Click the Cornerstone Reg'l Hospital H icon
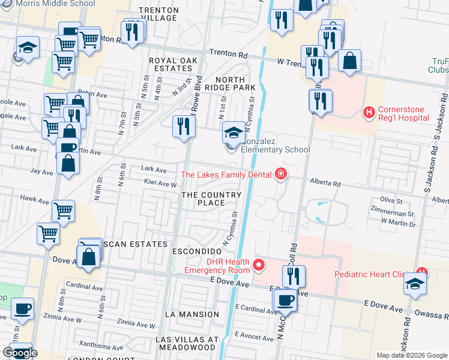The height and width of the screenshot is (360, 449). click(369, 112)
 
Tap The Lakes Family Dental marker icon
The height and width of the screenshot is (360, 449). click(280, 175)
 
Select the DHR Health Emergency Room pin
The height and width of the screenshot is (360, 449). click(259, 264)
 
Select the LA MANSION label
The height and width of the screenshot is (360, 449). click(191, 314)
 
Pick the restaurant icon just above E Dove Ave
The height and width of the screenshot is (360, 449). click(294, 276)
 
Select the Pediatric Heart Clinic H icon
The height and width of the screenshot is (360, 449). click(422, 272)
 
